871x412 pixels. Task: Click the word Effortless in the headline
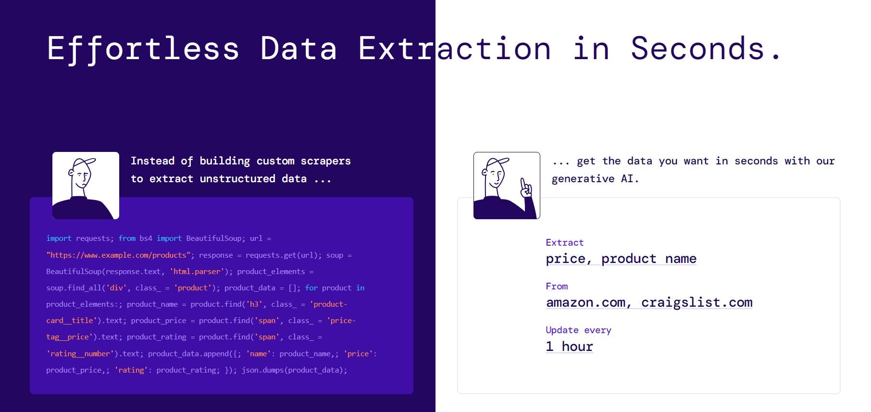143,49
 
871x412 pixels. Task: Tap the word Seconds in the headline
697,49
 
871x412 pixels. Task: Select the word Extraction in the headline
455,49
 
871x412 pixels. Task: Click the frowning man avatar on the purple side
86,186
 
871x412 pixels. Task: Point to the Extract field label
565,243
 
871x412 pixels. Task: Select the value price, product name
621,259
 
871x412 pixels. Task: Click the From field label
557,287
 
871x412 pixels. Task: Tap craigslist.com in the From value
697,302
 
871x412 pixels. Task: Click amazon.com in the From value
585,302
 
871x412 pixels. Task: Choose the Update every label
579,330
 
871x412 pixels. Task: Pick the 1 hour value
570,347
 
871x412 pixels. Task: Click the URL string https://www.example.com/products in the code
118,255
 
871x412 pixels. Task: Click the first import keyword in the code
59,238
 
